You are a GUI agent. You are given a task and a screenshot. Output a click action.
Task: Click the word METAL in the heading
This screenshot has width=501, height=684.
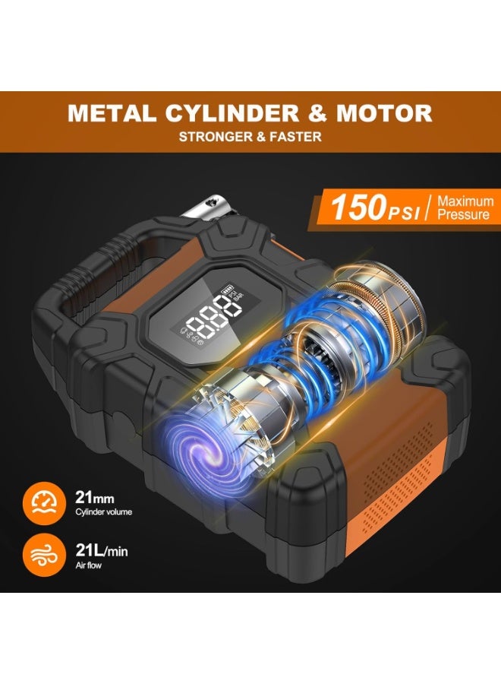[112, 113]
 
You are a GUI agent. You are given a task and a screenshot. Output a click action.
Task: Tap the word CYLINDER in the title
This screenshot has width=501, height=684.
[232, 113]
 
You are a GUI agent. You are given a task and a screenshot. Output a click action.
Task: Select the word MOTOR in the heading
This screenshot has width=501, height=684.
[384, 113]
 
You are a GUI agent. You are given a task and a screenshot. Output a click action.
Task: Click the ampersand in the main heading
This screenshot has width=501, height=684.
[317, 113]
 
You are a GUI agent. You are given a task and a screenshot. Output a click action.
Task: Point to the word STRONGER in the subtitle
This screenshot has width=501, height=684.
[216, 137]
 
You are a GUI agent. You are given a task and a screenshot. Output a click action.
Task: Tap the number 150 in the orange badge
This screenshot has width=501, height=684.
[357, 207]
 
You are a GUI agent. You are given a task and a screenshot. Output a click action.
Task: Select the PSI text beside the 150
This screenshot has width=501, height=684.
[402, 213]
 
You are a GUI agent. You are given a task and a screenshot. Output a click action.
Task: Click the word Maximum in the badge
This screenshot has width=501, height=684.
[466, 201]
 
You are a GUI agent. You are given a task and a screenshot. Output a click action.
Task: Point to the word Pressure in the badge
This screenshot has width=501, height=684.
[464, 214]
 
